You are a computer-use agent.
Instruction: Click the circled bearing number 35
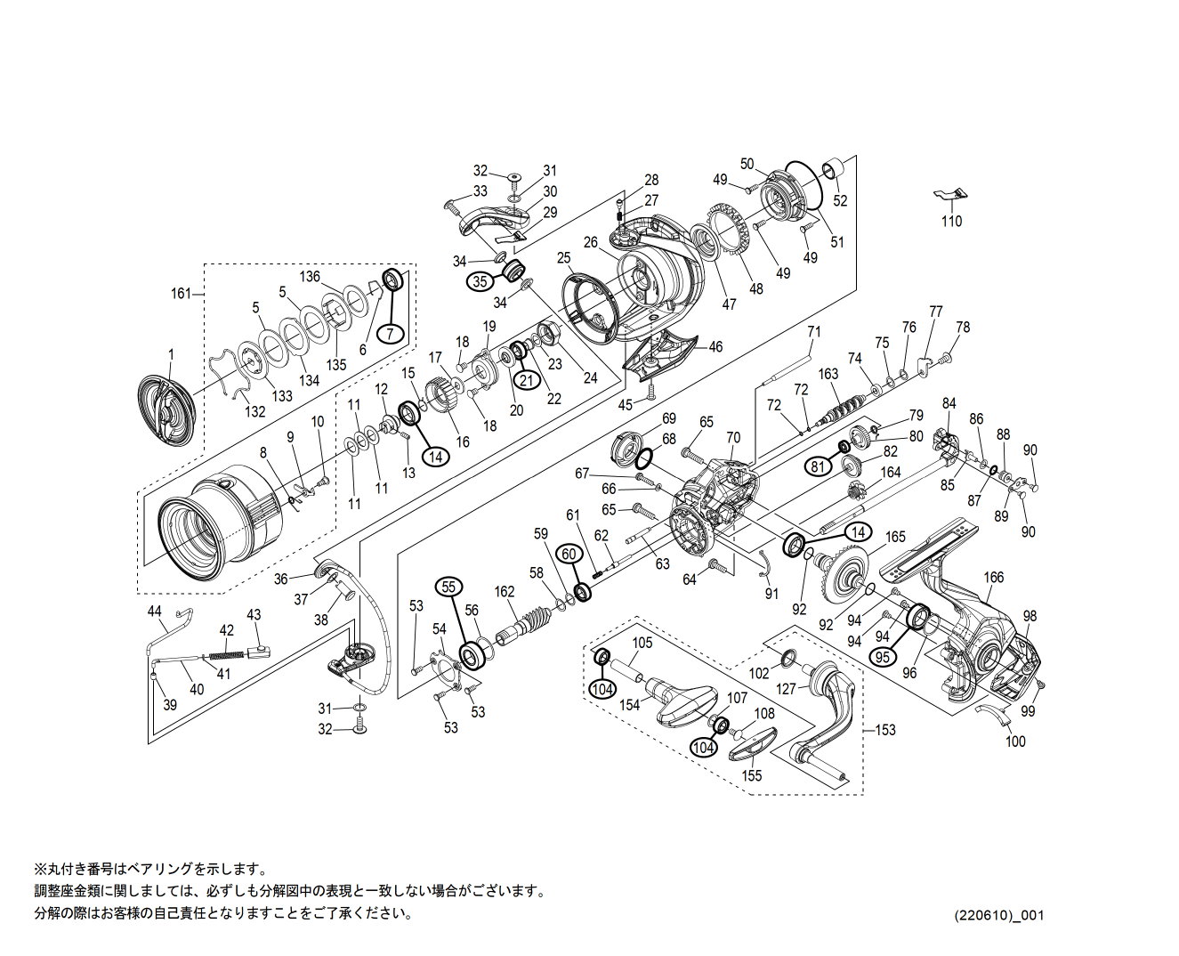click(x=480, y=281)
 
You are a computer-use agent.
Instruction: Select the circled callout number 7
click(x=390, y=334)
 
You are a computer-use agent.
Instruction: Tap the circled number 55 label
click(x=448, y=587)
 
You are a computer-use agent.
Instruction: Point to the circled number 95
click(x=882, y=657)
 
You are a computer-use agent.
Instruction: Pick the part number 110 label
click(x=951, y=221)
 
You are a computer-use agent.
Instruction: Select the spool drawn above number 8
click(x=218, y=527)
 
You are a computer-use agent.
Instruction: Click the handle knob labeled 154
click(x=682, y=701)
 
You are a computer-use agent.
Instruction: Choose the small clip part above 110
click(x=949, y=194)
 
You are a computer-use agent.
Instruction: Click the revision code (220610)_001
click(x=999, y=915)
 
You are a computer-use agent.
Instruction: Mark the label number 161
click(x=181, y=293)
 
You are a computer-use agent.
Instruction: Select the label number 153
click(x=885, y=730)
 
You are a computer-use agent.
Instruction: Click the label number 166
click(x=993, y=577)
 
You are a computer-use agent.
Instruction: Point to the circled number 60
click(x=569, y=554)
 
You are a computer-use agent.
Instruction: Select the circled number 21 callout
click(x=528, y=380)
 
